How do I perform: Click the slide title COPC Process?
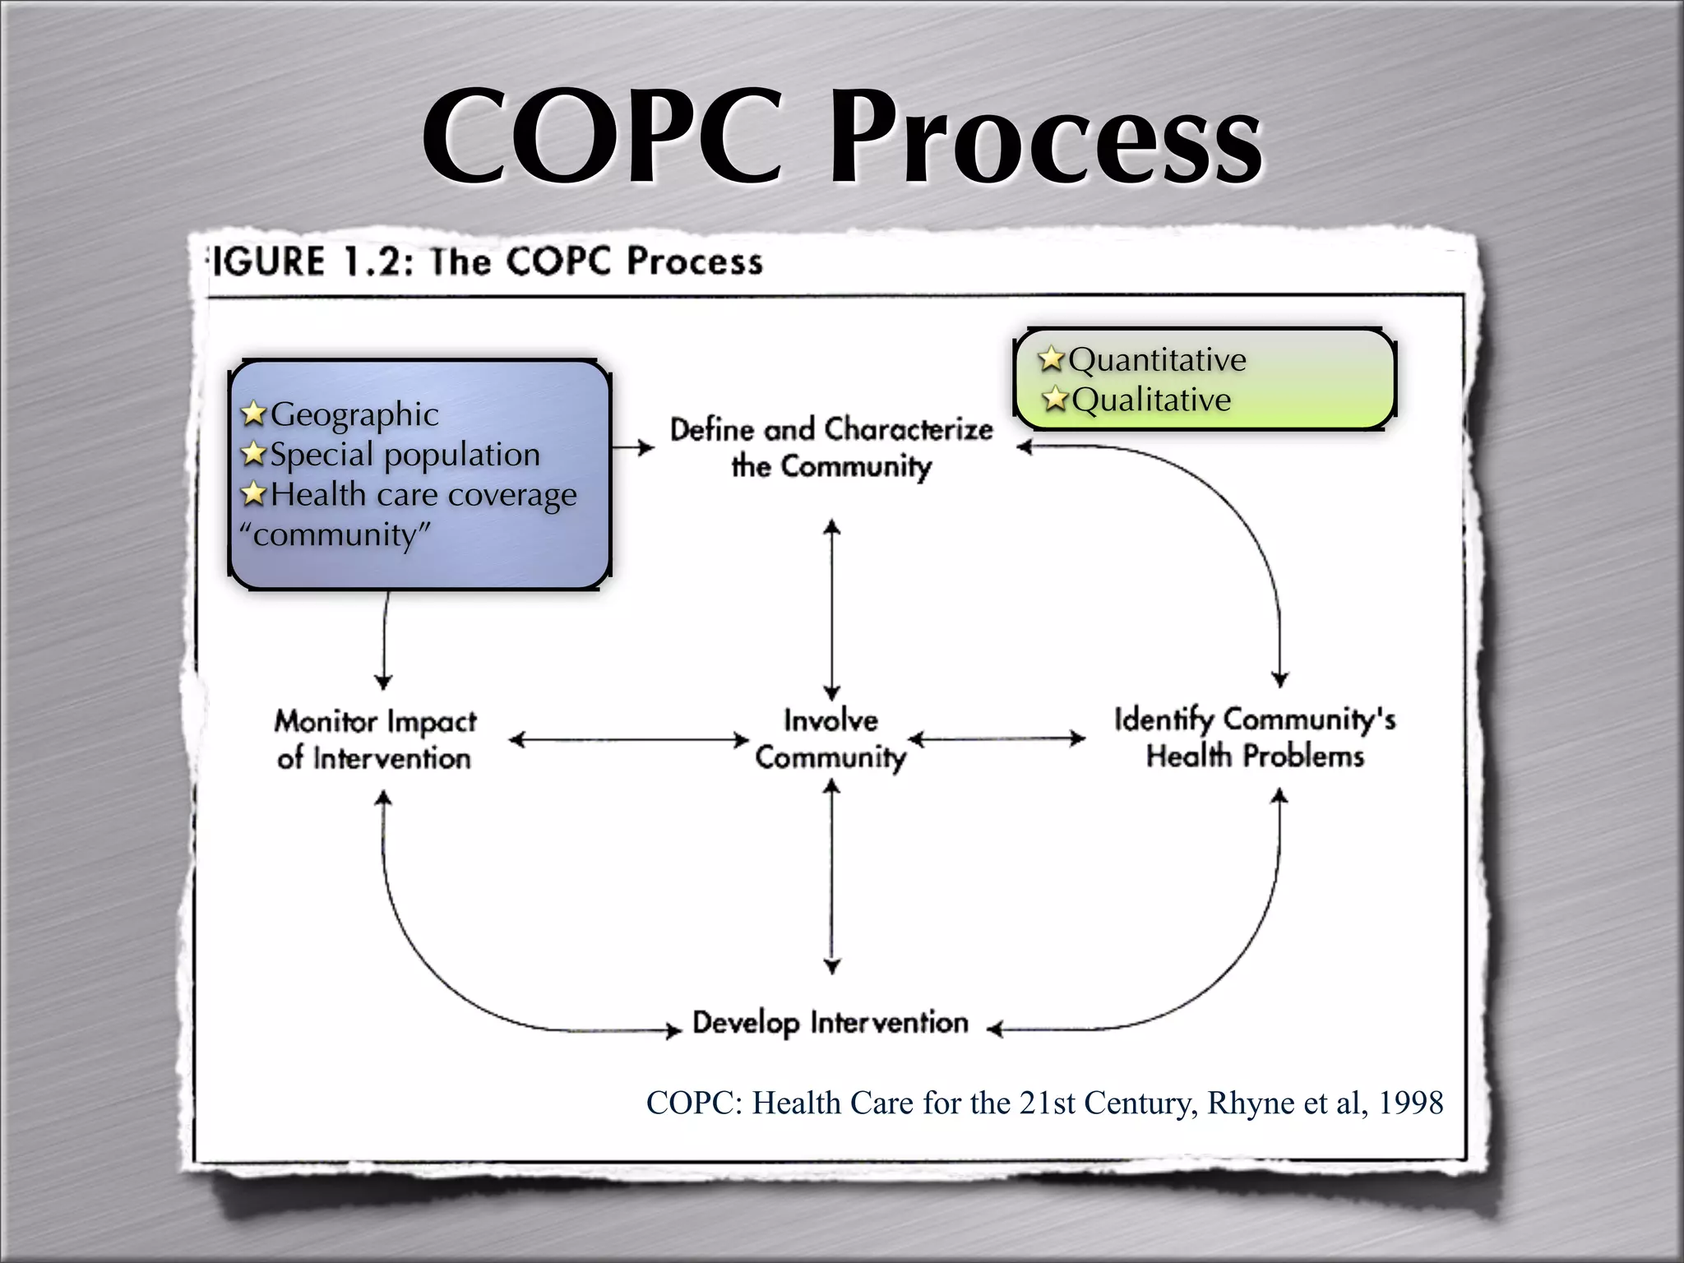842,136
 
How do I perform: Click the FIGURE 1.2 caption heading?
485,261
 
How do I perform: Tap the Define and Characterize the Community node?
831,447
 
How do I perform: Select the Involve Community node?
830,738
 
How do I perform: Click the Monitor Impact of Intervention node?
375,739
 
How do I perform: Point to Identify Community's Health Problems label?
1255,737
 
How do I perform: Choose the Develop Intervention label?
830,1023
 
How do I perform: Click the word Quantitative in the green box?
1158,360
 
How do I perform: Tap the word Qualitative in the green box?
1151,400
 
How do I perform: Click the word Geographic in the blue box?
354,414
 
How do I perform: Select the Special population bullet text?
405,455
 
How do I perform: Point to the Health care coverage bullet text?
423,495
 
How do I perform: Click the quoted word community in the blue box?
335,535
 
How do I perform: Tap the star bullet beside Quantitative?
1051,359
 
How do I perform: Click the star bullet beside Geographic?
254,414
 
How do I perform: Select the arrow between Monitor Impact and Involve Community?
629,740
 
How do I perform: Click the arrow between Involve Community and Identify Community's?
997,738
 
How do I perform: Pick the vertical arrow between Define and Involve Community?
832,608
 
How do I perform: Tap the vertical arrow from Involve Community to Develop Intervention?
832,877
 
